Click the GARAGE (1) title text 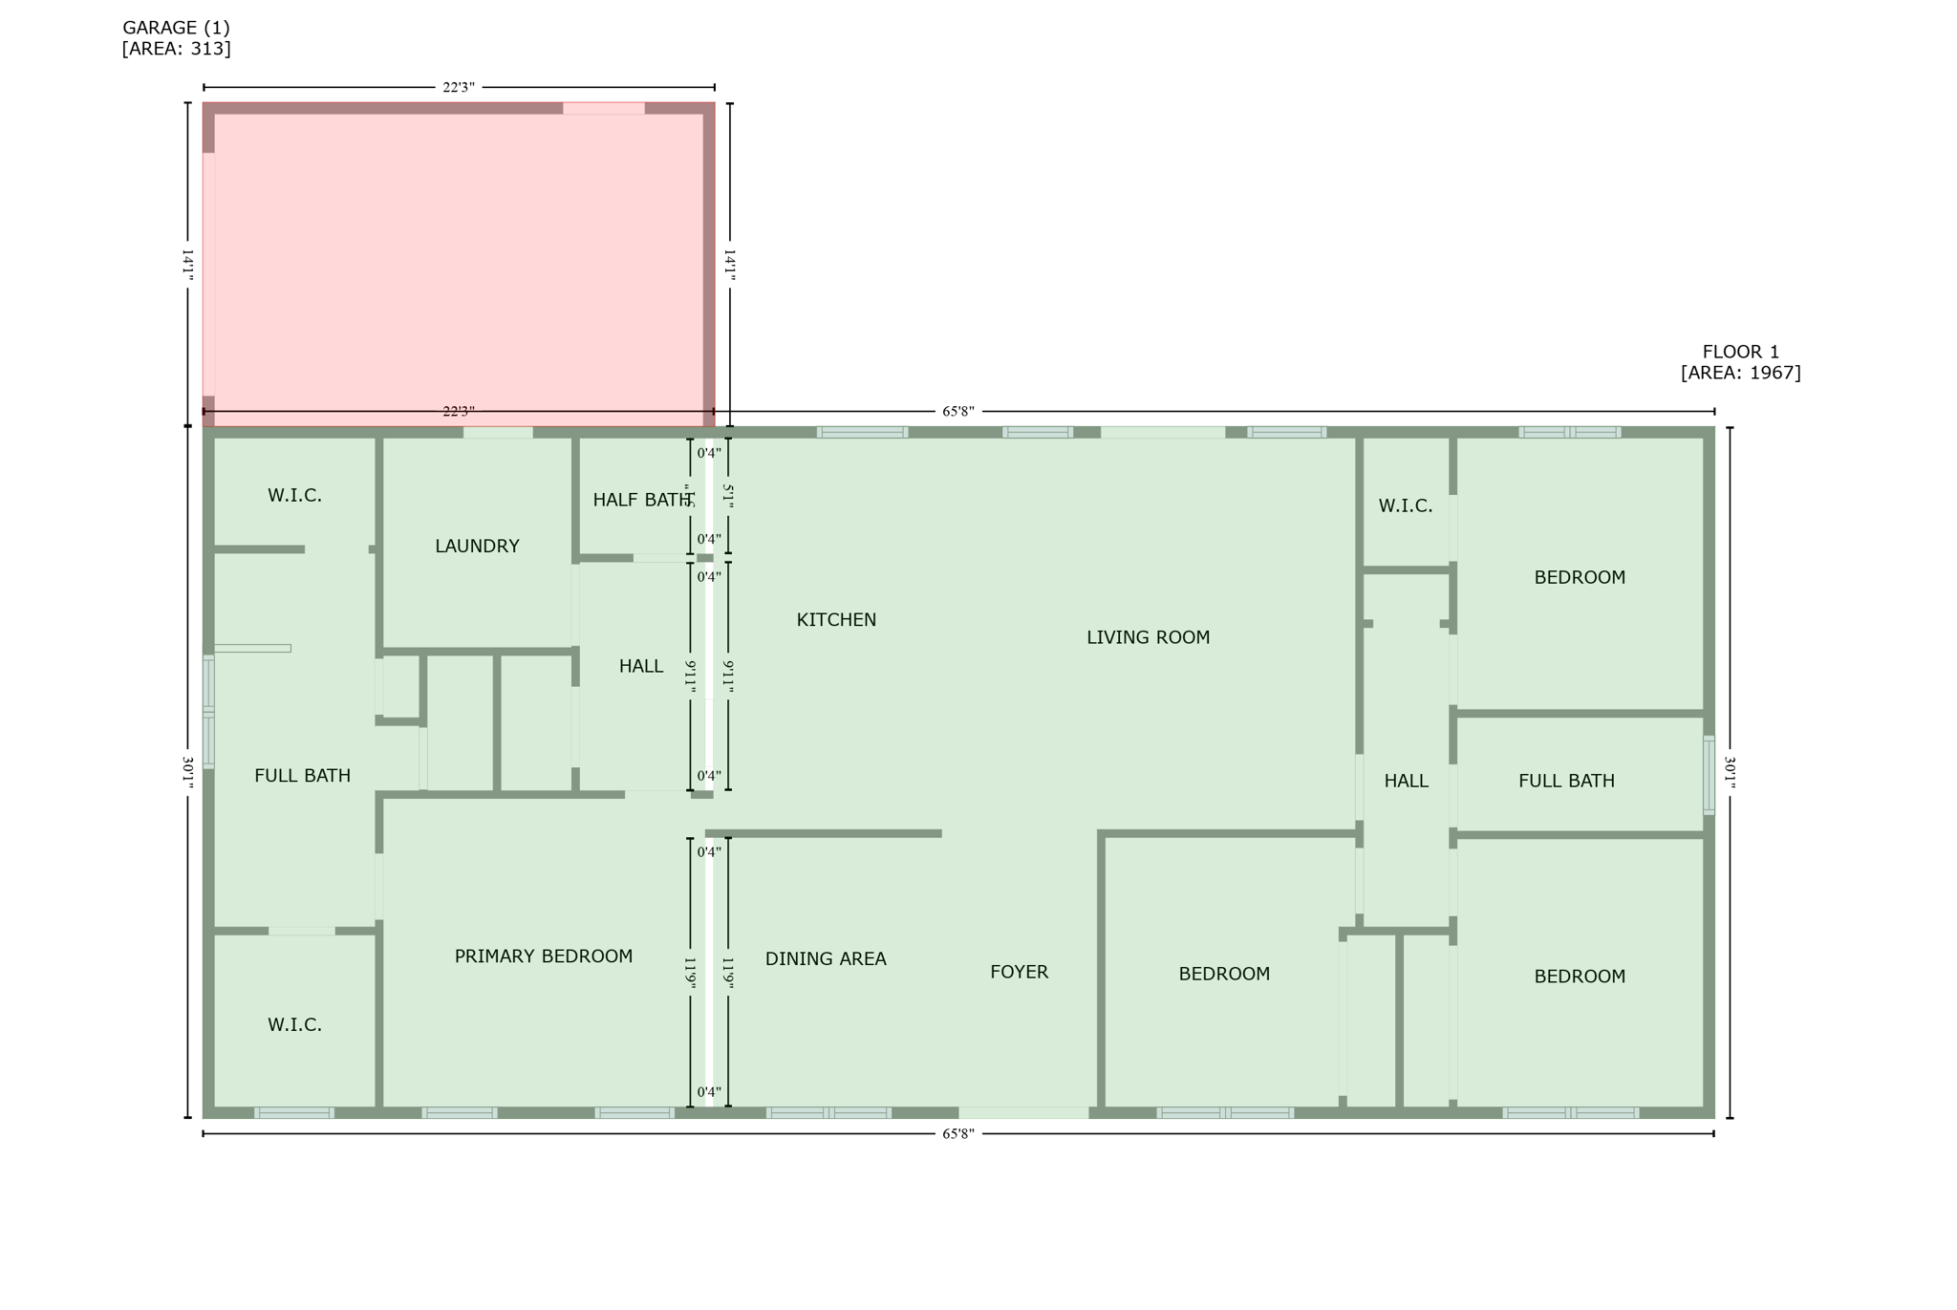pos(176,28)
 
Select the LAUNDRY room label pos(477,547)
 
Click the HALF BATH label pos(641,500)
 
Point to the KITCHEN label pos(836,620)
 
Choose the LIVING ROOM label pos(1148,637)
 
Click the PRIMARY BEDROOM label pos(543,956)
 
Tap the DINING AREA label pos(826,959)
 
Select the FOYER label pos(1019,973)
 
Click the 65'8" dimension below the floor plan pos(958,1134)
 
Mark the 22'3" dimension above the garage pos(459,88)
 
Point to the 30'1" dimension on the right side pos(1730,772)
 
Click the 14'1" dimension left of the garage pos(188,265)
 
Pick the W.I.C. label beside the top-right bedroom pos(1405,506)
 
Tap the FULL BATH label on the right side pos(1566,782)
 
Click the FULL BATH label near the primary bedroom pos(302,776)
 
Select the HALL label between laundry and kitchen pos(640,667)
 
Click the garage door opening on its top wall pos(603,108)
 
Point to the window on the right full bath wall pos(1709,775)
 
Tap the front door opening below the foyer pos(1023,1113)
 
